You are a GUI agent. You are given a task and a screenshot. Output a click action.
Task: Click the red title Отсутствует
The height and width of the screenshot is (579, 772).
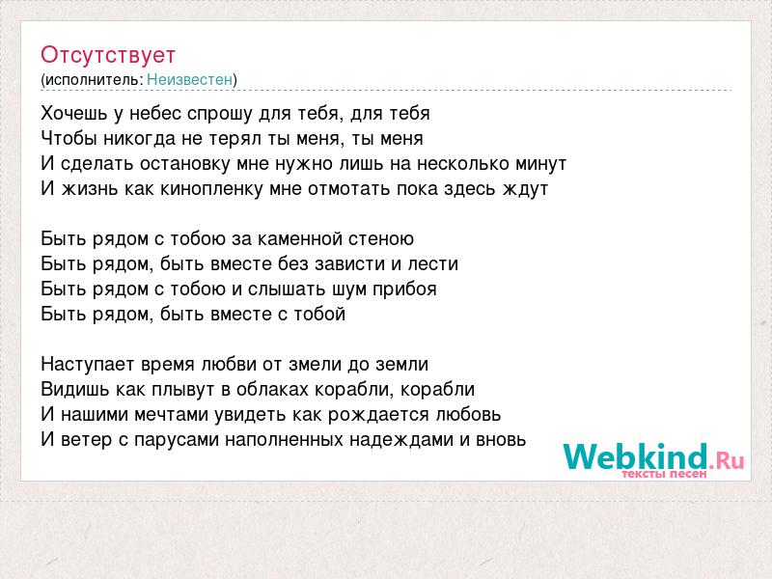(108, 55)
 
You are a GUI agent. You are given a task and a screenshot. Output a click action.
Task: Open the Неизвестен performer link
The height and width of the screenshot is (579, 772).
(189, 80)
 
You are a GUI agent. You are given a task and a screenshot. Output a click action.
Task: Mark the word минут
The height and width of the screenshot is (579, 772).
(540, 164)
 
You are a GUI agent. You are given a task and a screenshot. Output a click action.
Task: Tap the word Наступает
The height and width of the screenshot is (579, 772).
(88, 365)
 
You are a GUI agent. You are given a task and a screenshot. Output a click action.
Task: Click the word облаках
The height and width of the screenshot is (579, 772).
(272, 390)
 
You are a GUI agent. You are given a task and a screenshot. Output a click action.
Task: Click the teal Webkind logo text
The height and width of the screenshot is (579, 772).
(635, 456)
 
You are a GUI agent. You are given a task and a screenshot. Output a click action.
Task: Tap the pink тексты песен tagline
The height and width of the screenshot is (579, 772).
(664, 474)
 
